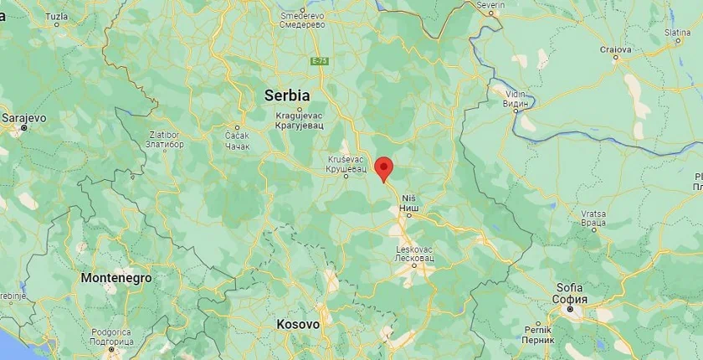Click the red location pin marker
click(x=383, y=167)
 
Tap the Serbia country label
click(x=287, y=95)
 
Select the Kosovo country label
click(x=298, y=324)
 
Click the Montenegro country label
click(x=116, y=277)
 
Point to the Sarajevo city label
click(x=24, y=118)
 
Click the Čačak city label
click(x=238, y=139)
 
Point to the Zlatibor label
click(x=165, y=138)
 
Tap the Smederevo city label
click(x=303, y=19)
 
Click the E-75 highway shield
click(x=320, y=61)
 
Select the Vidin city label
click(x=516, y=99)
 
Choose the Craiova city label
click(x=615, y=49)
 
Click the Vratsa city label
click(x=593, y=219)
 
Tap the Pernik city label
click(x=537, y=335)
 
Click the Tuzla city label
click(x=57, y=16)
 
